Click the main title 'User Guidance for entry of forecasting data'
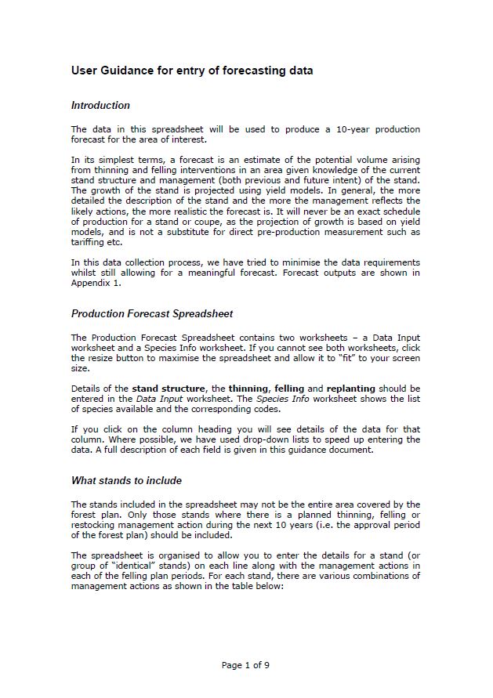click(x=192, y=71)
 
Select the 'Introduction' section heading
click(x=100, y=105)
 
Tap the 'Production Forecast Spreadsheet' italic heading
click(x=152, y=314)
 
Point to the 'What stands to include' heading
click(x=125, y=480)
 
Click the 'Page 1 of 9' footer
click(x=246, y=665)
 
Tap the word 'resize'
click(x=101, y=358)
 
